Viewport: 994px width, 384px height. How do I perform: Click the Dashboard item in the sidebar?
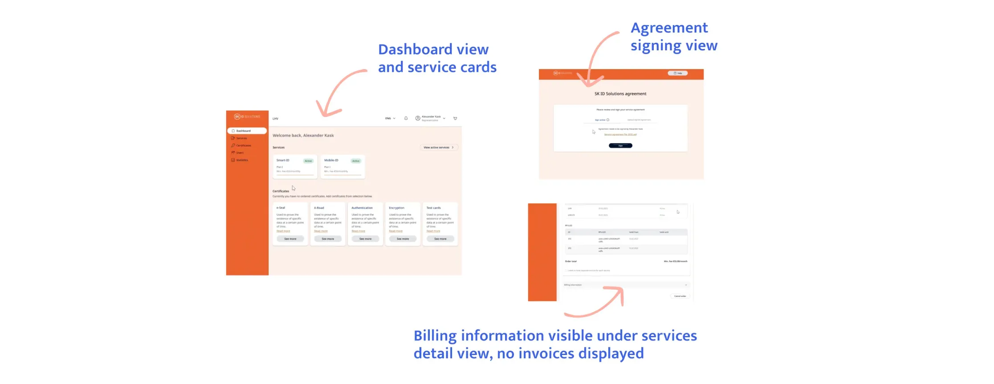pos(243,131)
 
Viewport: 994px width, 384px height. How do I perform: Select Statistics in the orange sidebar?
pos(242,160)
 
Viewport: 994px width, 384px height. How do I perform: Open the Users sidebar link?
pos(240,153)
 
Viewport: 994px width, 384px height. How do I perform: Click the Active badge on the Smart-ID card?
pos(308,161)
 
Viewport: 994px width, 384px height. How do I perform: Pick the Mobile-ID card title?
pos(331,160)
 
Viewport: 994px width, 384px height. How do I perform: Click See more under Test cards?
pos(440,239)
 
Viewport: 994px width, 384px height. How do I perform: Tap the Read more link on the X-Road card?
pos(321,231)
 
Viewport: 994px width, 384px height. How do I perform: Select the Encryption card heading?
pos(396,208)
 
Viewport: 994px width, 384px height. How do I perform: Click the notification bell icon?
pos(406,118)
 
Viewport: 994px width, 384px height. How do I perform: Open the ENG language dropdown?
pos(390,118)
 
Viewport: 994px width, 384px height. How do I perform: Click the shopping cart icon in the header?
pos(455,118)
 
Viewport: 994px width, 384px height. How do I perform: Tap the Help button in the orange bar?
pos(677,73)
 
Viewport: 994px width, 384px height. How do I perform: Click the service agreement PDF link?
pos(620,135)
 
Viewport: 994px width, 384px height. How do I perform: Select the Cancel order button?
pos(680,296)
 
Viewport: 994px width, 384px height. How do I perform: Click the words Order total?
pos(570,261)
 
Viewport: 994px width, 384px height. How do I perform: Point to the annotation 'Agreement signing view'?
pos(673,37)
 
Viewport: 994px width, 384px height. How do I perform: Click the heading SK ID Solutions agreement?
pos(620,94)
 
